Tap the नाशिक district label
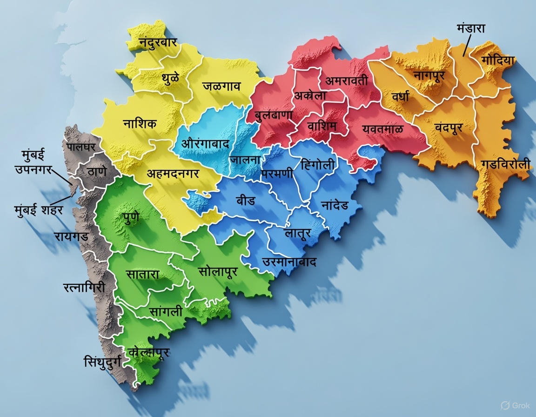tap(140, 124)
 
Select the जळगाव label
tap(221, 86)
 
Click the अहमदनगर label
tap(173, 174)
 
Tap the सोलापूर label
tap(218, 271)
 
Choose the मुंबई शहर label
tap(38, 210)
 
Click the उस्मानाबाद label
tap(289, 262)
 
